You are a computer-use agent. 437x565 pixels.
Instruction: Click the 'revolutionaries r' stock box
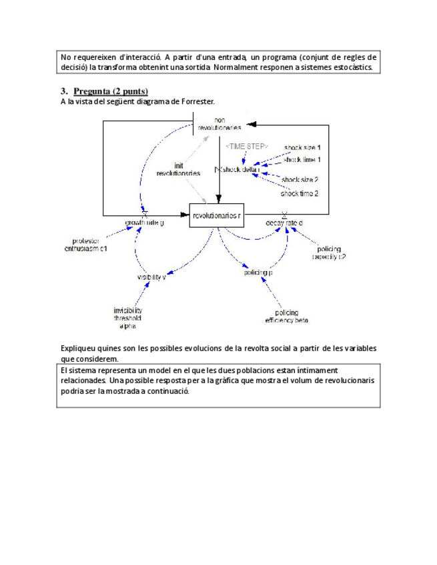coord(216,215)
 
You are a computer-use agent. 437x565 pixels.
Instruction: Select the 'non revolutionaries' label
coord(220,123)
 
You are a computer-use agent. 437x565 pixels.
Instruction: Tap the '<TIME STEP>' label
coord(246,145)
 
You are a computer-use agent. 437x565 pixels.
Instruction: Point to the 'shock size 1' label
coord(302,147)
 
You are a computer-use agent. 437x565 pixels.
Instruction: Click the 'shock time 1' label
coord(302,159)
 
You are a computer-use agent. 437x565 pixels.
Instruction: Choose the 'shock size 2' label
coord(300,180)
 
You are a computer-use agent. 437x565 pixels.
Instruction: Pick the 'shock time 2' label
coord(299,193)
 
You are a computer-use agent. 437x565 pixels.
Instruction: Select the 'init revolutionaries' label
coord(178,169)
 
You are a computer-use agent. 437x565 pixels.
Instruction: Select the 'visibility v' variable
coord(151,277)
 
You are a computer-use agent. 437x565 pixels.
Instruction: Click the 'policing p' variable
coord(258,273)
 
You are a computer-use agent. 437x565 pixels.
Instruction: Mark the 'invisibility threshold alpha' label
coord(127,318)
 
